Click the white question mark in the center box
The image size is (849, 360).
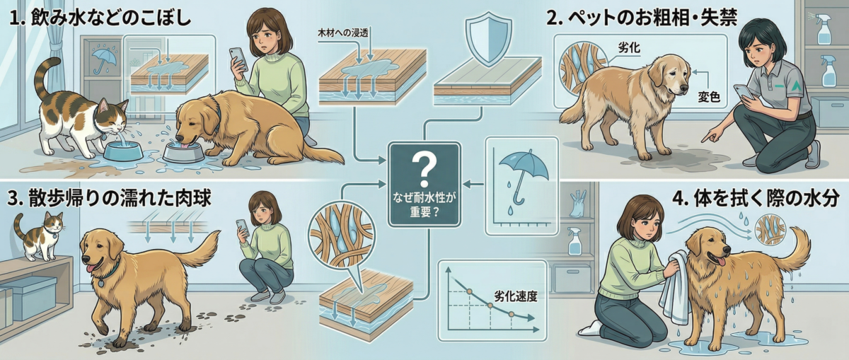coord(424,168)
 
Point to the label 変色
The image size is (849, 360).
coord(709,98)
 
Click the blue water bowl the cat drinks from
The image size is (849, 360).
coord(123,151)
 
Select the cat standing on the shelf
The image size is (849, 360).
coord(40,235)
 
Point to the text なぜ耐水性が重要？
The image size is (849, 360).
coord(424,204)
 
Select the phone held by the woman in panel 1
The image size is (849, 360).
coord(238,59)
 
